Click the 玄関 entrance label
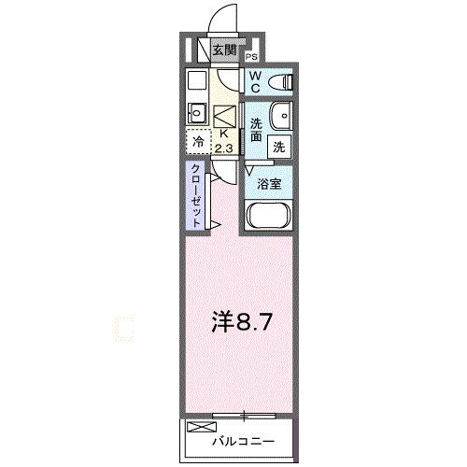(223, 50)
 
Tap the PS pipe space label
(252, 58)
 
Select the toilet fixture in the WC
(279, 83)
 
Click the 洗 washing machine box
(278, 146)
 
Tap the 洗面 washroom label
(256, 130)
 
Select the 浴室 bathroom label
(269, 184)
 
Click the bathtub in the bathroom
(269, 218)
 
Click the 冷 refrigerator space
(198, 143)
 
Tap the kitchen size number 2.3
(224, 147)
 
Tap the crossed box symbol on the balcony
(200, 428)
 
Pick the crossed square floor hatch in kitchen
(226, 116)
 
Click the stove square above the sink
(198, 80)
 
